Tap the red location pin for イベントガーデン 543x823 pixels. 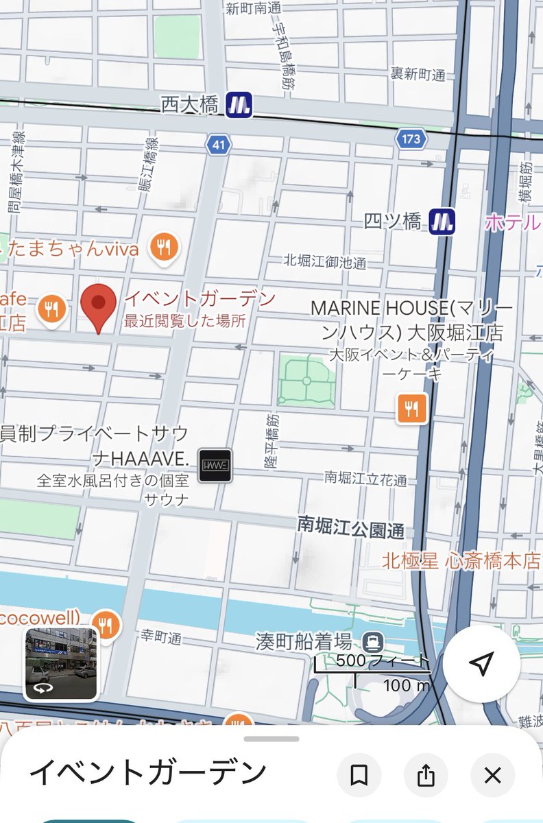tap(99, 306)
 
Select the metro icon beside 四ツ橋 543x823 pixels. tap(442, 221)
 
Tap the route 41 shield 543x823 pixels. tap(218, 145)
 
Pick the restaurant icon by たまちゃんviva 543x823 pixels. tap(164, 247)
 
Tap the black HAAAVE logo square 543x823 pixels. tap(215, 465)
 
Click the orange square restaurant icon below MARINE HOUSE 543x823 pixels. tap(412, 409)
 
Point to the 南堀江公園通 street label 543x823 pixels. tap(350, 526)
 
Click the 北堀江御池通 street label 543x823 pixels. tap(325, 261)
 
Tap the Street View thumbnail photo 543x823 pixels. tap(61, 663)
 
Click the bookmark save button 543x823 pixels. tap(359, 776)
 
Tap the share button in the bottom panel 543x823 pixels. tap(426, 776)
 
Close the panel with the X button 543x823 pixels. tap(492, 776)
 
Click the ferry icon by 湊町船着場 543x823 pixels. tap(374, 639)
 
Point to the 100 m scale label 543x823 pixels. tap(406, 684)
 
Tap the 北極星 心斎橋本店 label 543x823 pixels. tap(461, 561)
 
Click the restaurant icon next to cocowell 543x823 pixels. tap(105, 624)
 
